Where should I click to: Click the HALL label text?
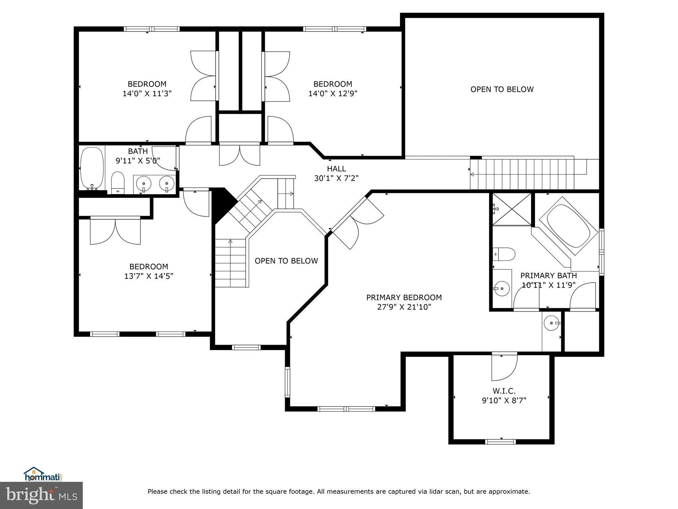(x=336, y=169)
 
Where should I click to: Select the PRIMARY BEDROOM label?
(x=404, y=298)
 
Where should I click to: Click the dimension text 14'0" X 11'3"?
(x=147, y=93)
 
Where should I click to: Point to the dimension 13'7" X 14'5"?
(x=149, y=276)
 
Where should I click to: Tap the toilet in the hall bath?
(x=118, y=182)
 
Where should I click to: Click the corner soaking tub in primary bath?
(x=568, y=226)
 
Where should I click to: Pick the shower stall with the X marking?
(x=511, y=209)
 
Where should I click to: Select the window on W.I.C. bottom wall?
(x=500, y=441)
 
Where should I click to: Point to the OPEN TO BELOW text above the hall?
(x=502, y=89)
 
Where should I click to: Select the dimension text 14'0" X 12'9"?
(x=333, y=93)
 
